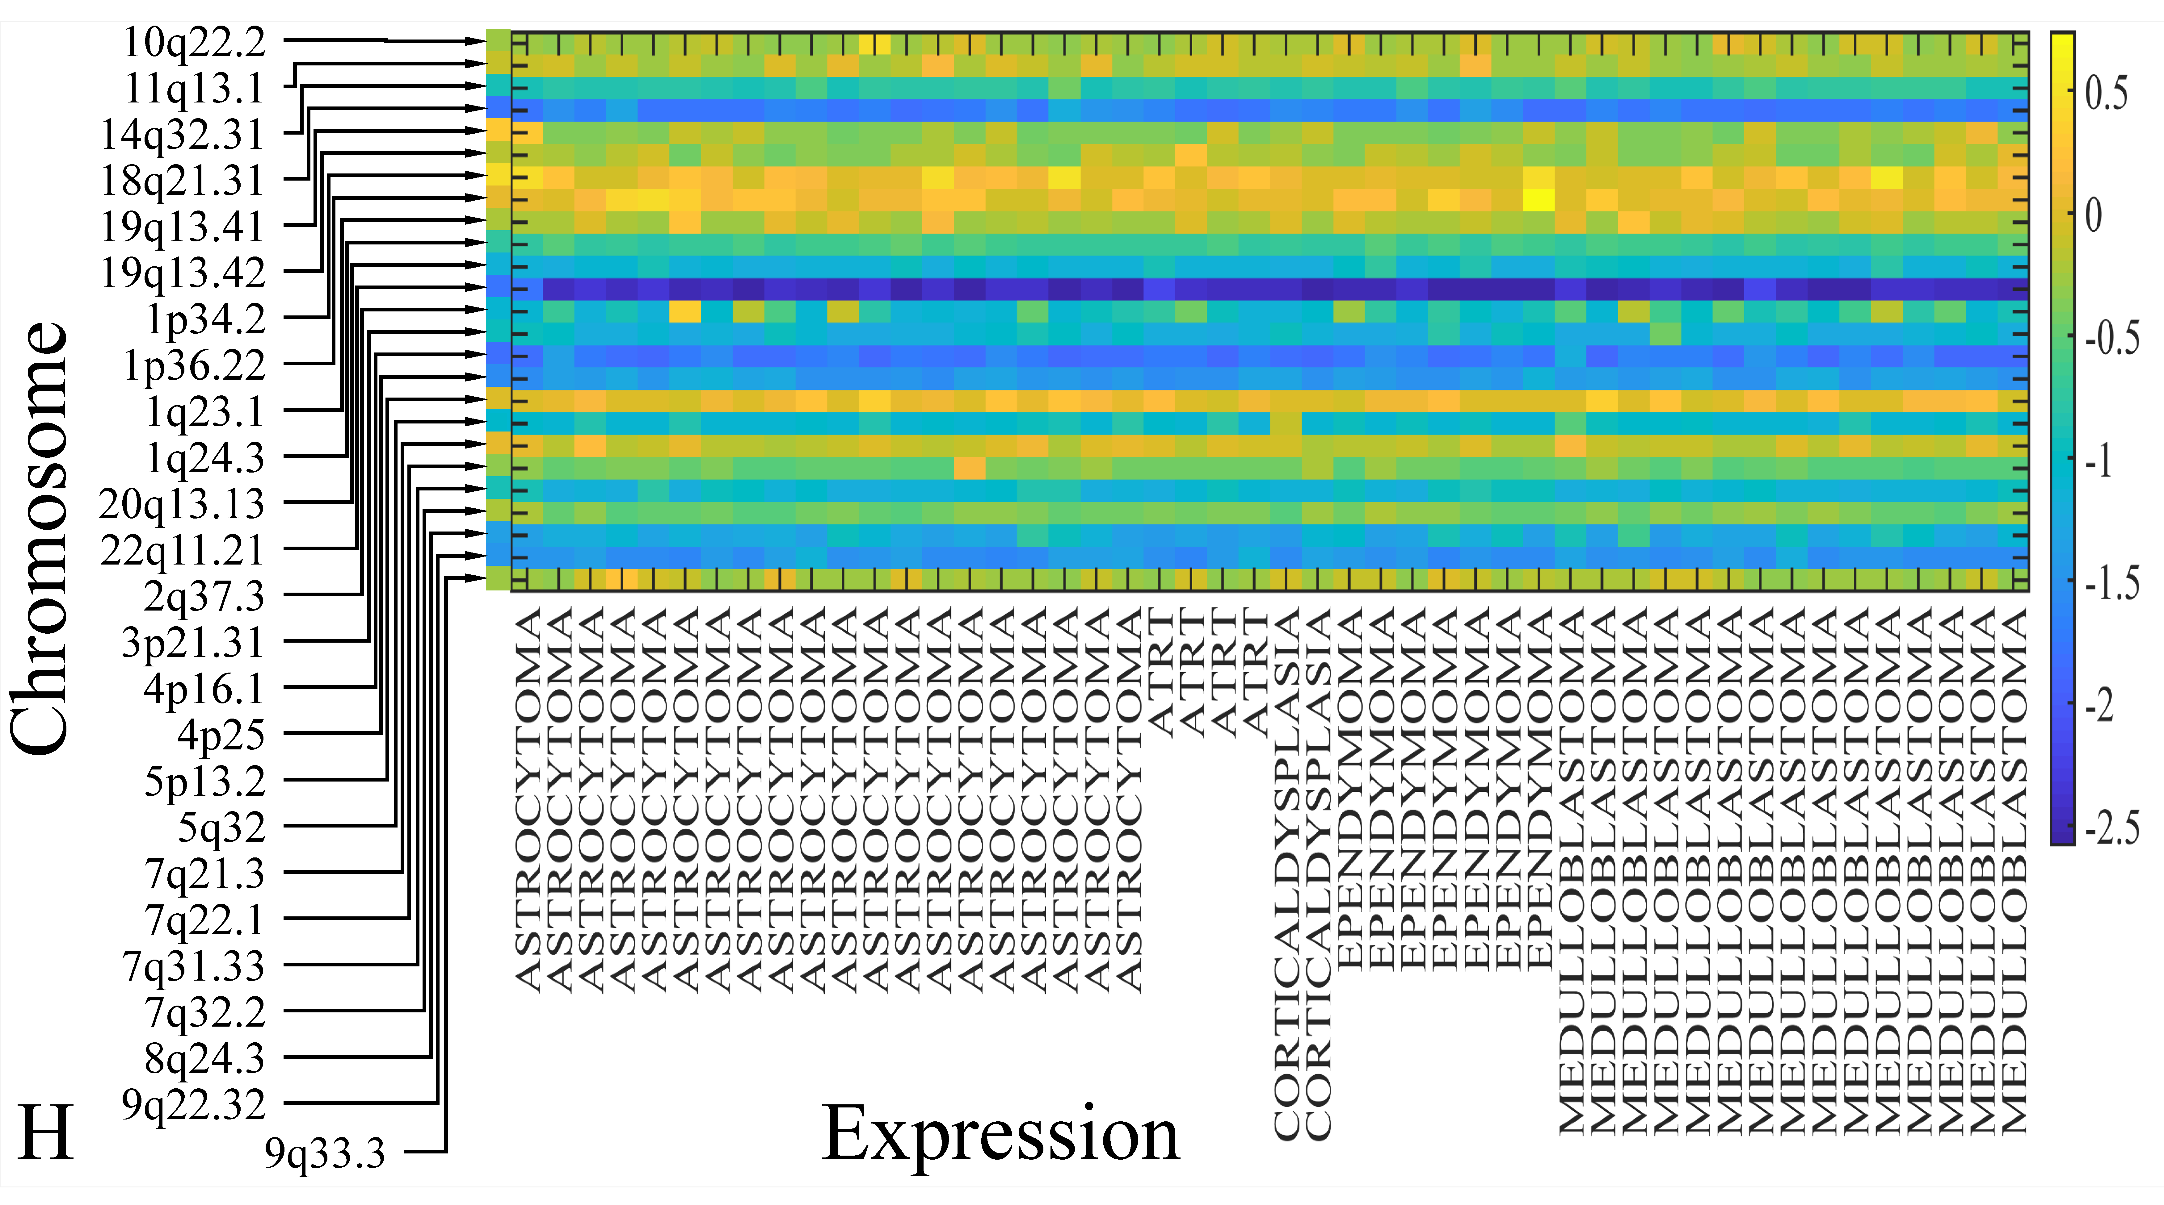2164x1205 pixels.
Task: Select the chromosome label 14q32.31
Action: [182, 134]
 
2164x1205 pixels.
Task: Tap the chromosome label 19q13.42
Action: [182, 273]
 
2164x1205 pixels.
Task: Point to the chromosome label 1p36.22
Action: [194, 365]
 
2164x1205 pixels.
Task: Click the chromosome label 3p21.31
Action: [193, 643]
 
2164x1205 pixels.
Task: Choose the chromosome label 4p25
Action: [221, 736]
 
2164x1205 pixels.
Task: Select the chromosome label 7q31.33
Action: [193, 966]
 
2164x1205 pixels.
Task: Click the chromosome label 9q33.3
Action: [325, 1154]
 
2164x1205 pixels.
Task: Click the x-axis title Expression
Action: [1000, 1134]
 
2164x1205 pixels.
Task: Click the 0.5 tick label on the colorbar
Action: [2107, 92]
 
